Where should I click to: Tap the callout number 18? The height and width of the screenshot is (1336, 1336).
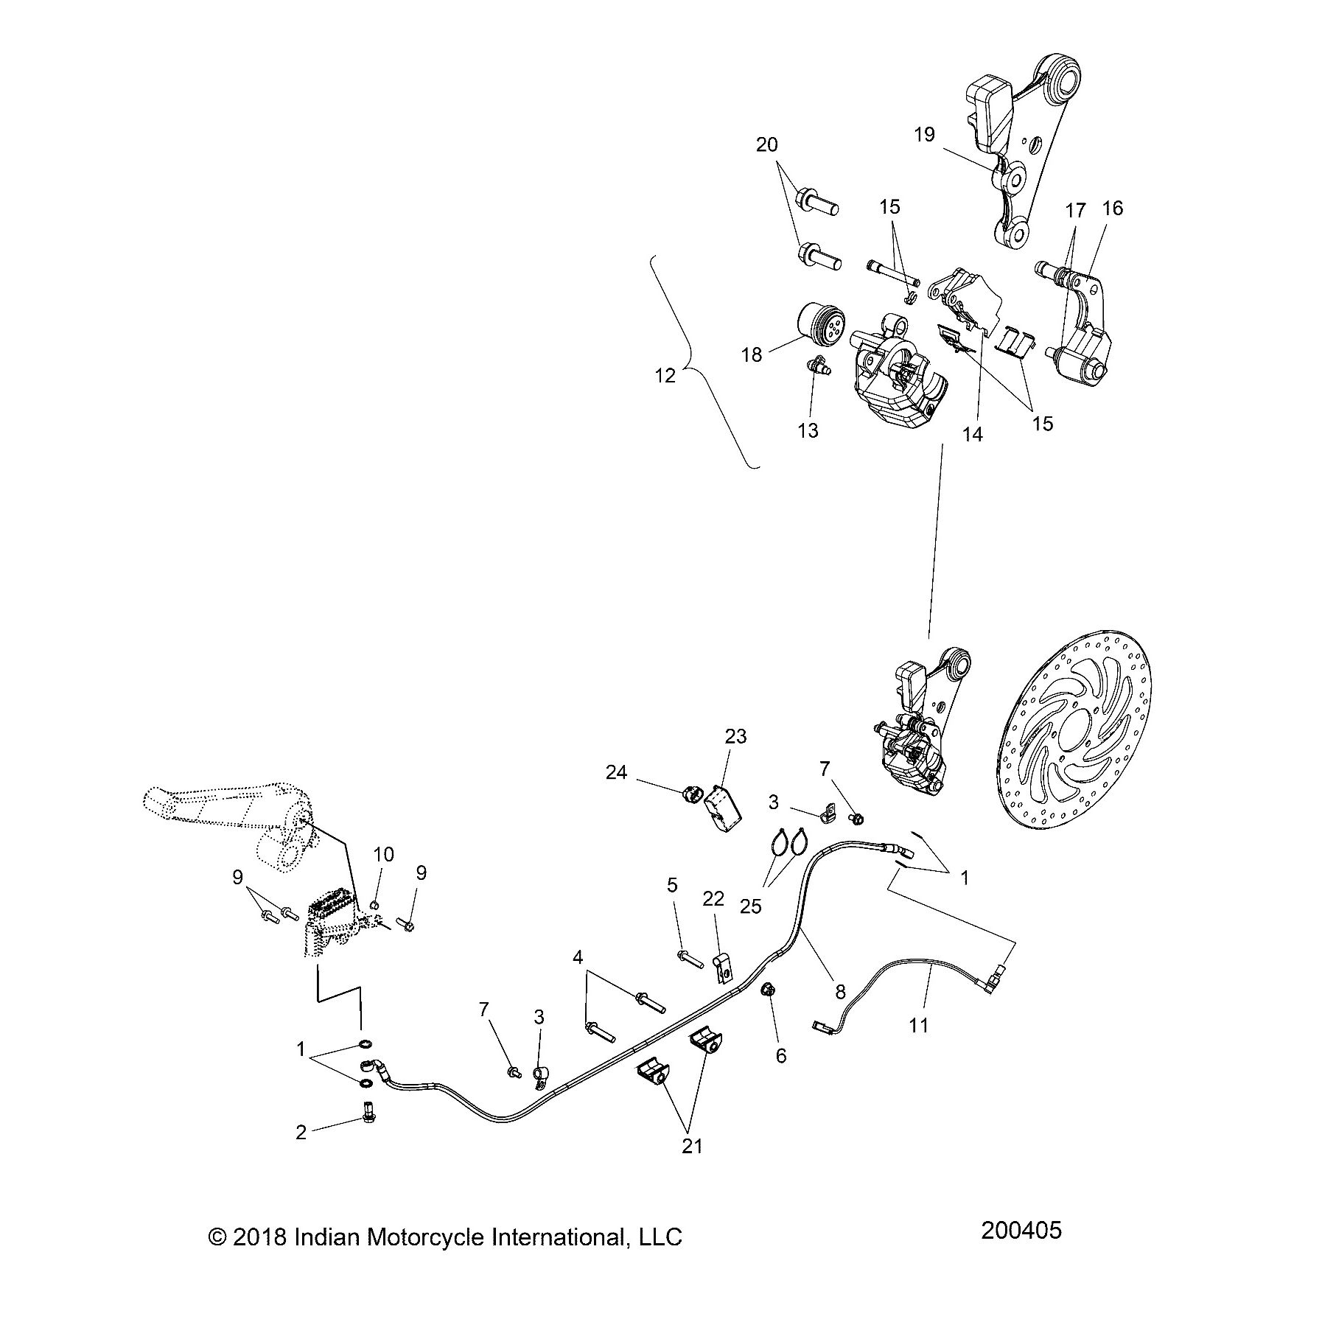tap(751, 355)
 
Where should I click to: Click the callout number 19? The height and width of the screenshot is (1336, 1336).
tap(924, 134)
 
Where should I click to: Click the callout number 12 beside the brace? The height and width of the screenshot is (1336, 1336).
tap(665, 376)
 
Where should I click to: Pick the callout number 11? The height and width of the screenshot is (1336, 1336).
tap(919, 1024)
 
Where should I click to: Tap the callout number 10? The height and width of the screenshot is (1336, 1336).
tap(383, 855)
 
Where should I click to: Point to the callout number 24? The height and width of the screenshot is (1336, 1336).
tap(617, 772)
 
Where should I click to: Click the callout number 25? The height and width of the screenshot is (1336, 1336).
tap(751, 906)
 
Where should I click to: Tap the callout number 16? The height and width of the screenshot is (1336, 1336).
tap(1113, 209)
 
